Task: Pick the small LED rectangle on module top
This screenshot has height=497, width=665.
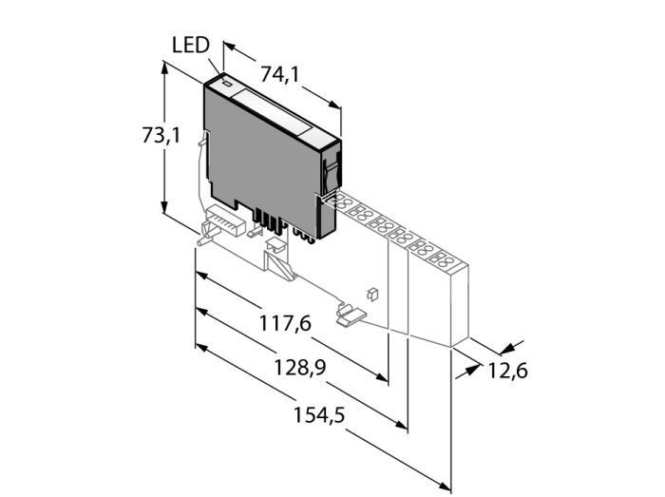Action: click(x=227, y=84)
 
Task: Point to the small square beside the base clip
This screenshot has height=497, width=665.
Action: click(x=373, y=293)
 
